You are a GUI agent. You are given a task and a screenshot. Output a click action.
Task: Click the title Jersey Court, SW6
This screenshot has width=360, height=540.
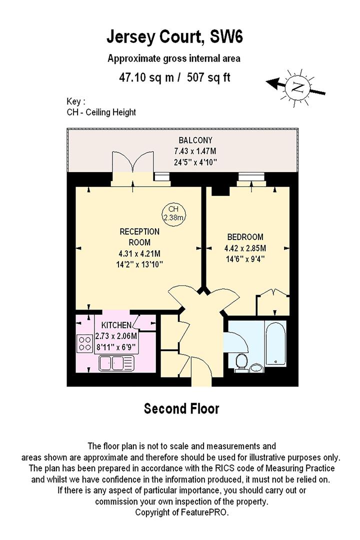[174, 37]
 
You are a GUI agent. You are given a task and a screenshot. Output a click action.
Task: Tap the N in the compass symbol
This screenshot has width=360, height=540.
[296, 87]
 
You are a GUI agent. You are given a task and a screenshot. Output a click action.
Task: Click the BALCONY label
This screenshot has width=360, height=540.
[195, 140]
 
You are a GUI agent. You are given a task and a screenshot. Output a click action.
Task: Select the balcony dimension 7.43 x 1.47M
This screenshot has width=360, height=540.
[195, 151]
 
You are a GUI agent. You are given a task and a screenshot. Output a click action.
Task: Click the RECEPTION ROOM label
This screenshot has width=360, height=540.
[139, 236]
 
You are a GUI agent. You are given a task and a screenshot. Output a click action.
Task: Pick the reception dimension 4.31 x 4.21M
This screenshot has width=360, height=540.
[139, 254]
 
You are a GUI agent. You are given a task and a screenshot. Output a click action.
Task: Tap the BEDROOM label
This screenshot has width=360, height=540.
[245, 237]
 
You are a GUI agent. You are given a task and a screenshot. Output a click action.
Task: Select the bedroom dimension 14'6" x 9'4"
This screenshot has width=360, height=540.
[245, 259]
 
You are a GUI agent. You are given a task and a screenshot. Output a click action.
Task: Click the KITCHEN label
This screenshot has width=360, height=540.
[116, 325]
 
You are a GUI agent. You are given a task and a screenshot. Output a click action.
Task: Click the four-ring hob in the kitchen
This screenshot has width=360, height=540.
[85, 343]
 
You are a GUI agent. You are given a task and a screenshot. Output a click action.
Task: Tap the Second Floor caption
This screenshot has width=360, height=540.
[181, 408]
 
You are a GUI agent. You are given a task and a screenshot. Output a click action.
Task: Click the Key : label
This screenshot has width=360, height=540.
[76, 101]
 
